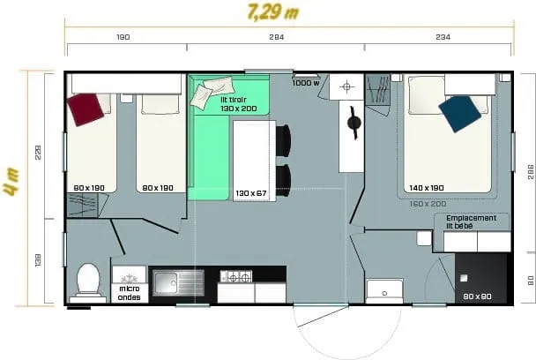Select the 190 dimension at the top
[x=123, y=37]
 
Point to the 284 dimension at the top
[x=276, y=37]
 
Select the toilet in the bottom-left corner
[x=88, y=281]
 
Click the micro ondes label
[x=129, y=292]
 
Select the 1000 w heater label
[x=306, y=83]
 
